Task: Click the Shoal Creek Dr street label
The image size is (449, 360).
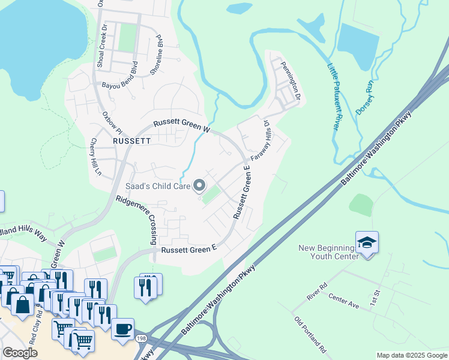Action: click(99, 38)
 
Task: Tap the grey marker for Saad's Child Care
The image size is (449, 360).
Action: click(199, 186)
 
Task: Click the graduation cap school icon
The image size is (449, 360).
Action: click(367, 242)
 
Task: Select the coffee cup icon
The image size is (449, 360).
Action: click(122, 330)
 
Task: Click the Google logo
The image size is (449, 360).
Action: click(20, 353)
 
